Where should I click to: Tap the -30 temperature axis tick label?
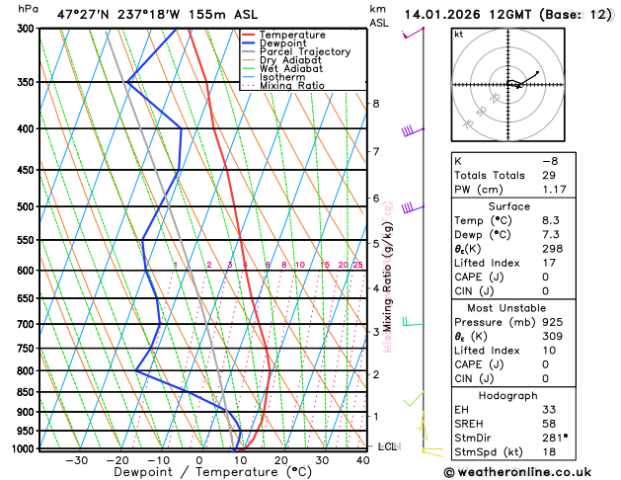[76, 459]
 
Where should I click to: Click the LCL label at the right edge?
[388, 446]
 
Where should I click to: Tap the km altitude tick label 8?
[375, 104]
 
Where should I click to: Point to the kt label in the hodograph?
[458, 34]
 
